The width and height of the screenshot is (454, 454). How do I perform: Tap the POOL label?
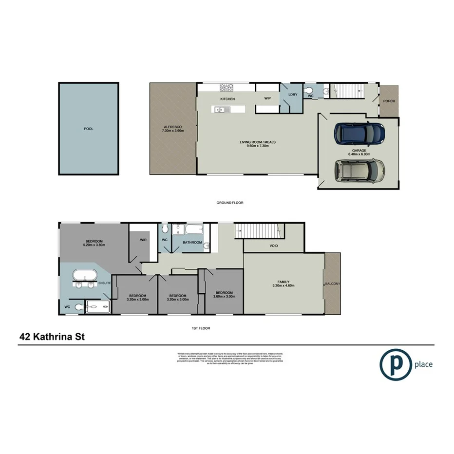click(x=88, y=129)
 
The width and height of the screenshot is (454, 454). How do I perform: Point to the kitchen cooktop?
click(x=227, y=88)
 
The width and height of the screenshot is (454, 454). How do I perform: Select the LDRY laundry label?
click(x=293, y=95)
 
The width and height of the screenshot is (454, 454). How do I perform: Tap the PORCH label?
click(x=389, y=101)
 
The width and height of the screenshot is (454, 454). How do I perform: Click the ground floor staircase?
click(x=347, y=91)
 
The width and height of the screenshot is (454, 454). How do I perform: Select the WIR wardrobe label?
click(x=143, y=240)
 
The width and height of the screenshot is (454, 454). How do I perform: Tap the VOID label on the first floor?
click(x=274, y=246)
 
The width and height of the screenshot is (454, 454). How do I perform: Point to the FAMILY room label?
click(x=284, y=282)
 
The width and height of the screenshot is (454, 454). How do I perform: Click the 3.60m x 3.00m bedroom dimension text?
click(x=224, y=296)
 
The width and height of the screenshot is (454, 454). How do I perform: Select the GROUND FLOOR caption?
click(x=230, y=203)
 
